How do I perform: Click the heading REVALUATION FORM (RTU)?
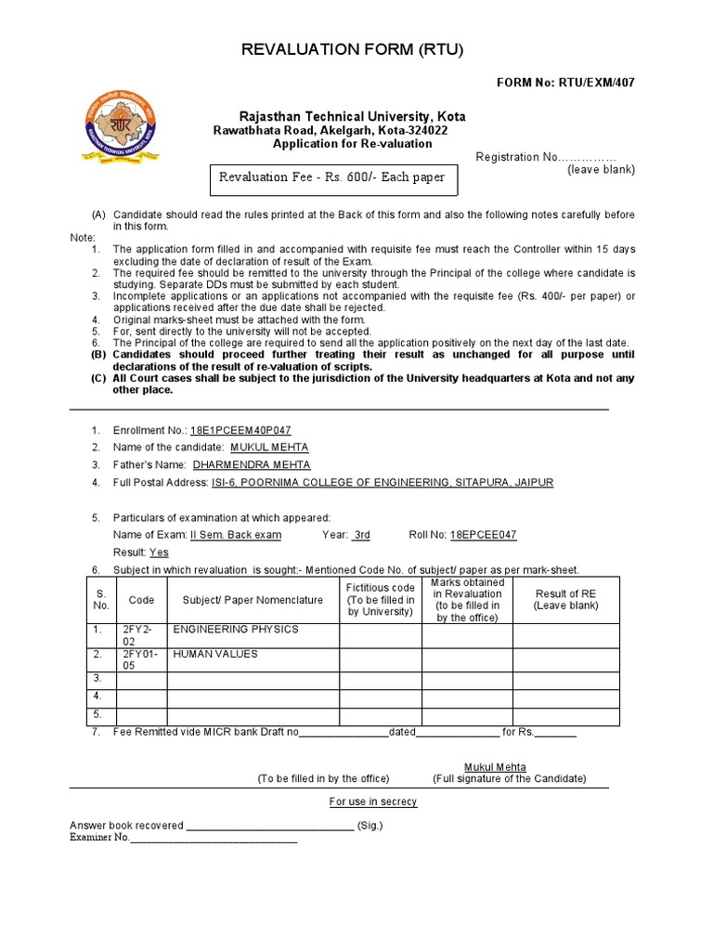(352, 49)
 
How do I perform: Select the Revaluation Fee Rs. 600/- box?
(331, 177)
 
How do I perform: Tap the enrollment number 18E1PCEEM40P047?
(240, 431)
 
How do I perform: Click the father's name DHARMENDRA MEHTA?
(251, 464)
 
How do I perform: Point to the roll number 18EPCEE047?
(483, 535)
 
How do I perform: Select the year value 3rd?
(361, 535)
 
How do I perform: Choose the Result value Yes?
(159, 552)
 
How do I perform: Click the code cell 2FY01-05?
(141, 659)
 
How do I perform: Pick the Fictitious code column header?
(380, 600)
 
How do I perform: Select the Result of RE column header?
(565, 600)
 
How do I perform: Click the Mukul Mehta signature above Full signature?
(495, 767)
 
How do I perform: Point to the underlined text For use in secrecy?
(373, 801)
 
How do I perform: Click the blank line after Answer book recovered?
(269, 826)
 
